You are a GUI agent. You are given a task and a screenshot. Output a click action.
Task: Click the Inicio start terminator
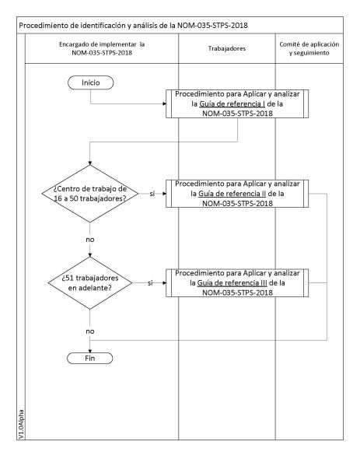coord(90,82)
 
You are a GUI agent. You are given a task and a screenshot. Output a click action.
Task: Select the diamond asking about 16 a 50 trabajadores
coord(90,193)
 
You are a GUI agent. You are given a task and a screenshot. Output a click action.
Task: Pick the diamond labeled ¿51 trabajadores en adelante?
coord(90,283)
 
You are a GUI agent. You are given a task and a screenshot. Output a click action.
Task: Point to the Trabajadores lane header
coord(228,48)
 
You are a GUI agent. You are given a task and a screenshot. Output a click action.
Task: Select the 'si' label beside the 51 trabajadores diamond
coord(150,283)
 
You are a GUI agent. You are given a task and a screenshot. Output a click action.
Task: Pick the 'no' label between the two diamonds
coord(90,240)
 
